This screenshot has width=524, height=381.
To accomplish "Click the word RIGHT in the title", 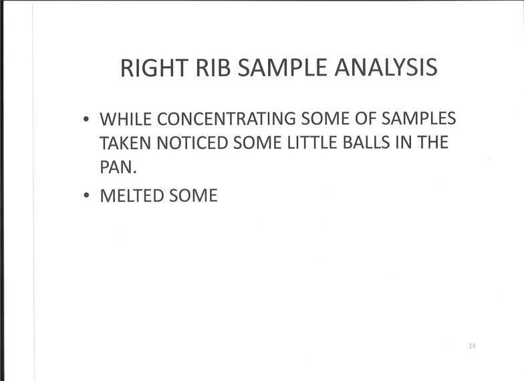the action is click(154, 68).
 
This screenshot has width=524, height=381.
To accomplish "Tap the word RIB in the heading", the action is click(213, 68).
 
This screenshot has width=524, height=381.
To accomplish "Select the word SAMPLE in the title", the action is click(282, 68).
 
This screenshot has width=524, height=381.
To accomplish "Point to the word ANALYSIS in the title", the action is click(386, 68).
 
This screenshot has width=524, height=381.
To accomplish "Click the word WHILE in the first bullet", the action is click(126, 119).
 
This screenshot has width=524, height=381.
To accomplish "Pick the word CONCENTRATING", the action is click(226, 119).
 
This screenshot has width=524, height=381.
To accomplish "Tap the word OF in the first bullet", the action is click(365, 119).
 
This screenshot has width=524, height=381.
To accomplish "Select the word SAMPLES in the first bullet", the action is click(418, 119).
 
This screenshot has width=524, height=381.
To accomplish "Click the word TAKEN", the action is click(126, 143).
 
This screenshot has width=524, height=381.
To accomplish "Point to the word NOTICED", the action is click(192, 143).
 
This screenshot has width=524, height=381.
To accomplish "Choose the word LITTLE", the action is click(312, 143).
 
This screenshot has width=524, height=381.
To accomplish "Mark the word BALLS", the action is click(366, 143).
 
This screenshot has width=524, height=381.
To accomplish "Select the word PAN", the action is click(118, 167).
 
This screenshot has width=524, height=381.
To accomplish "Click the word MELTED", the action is click(132, 195).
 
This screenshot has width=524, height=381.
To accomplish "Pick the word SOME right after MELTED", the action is click(194, 195).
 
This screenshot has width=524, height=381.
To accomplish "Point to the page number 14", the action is click(472, 346).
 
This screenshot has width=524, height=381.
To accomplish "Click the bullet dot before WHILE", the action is click(87, 119).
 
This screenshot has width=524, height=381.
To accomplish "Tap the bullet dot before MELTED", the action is click(87, 195).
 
